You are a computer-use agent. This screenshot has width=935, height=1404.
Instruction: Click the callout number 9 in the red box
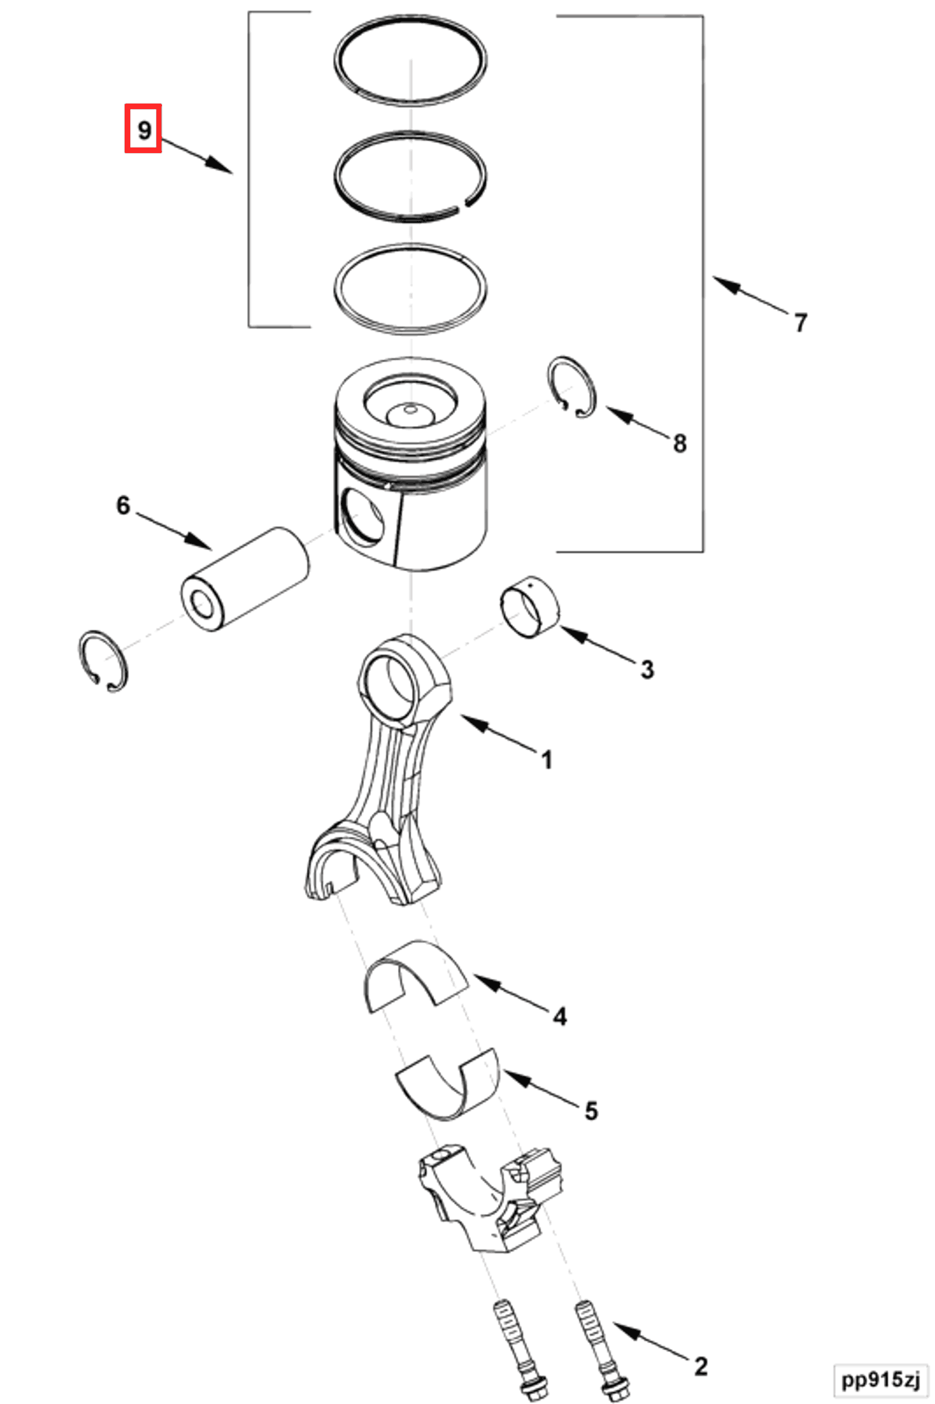tap(143, 129)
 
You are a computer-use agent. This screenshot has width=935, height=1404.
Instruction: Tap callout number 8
tap(679, 443)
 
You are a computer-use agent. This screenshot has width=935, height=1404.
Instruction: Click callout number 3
tap(647, 669)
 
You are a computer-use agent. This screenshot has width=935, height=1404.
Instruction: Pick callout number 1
tap(546, 760)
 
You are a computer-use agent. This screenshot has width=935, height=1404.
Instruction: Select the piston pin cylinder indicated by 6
tap(244, 578)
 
